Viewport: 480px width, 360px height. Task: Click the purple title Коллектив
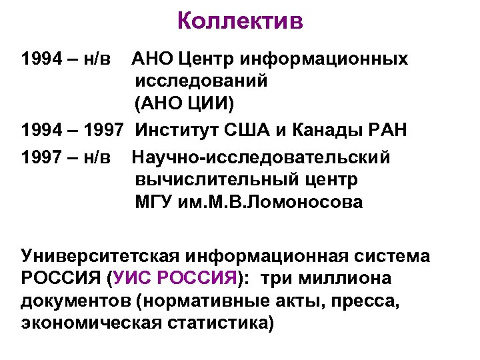pos(240,22)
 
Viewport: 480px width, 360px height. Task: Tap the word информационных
pos(319,59)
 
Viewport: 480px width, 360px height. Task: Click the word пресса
pos(373,301)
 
